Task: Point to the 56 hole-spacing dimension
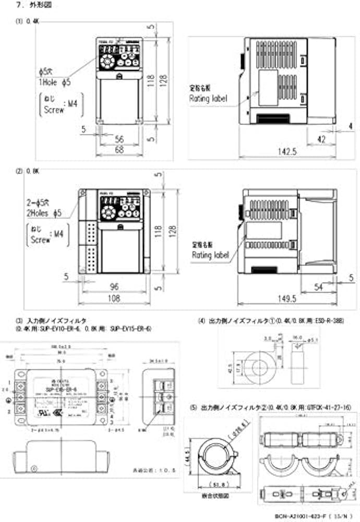pyautogui.click(x=119, y=138)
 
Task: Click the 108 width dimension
pyautogui.click(x=114, y=299)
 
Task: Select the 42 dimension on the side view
pyautogui.click(x=321, y=139)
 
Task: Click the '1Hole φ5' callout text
pyautogui.click(x=54, y=82)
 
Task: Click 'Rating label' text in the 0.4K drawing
pyautogui.click(x=209, y=98)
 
